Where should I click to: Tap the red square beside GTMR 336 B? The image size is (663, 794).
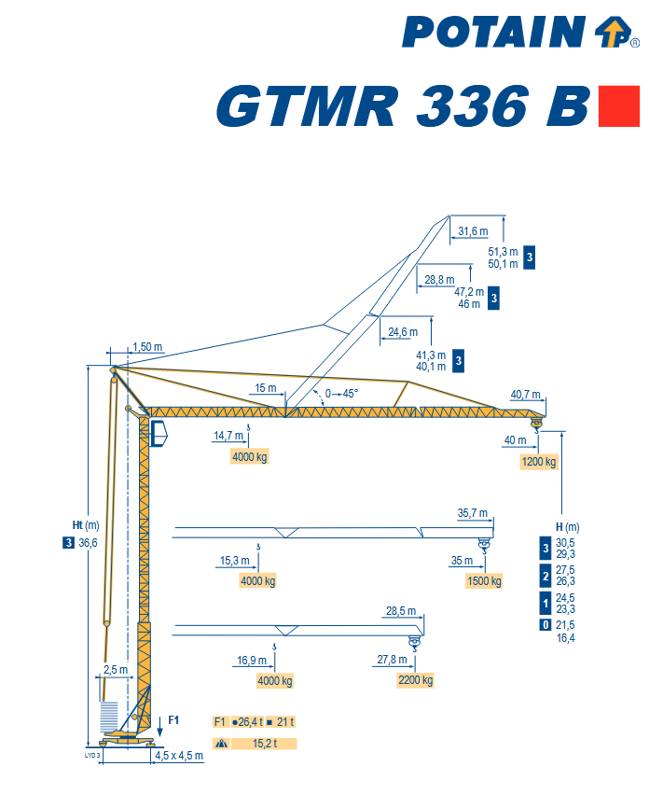coord(618,105)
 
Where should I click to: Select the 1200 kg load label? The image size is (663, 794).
coord(539,462)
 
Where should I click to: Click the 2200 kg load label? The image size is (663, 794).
coord(415,680)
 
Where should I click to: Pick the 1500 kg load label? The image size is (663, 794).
coord(484,581)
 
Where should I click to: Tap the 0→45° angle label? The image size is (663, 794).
coord(341,393)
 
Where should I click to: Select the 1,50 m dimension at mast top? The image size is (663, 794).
coord(147,347)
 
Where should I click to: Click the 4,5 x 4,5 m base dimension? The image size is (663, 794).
coord(179,755)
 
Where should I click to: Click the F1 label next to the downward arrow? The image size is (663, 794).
coord(173,718)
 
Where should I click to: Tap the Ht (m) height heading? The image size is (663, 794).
coord(85,524)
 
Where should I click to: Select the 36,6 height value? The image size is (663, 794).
coord(89,543)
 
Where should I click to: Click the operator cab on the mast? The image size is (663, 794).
coord(159,433)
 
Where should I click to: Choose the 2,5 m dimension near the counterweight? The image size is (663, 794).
coord(116,669)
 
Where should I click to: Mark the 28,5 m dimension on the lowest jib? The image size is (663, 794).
coord(401,611)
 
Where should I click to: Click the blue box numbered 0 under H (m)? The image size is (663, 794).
coord(545,625)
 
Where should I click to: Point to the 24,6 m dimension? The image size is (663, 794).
coord(402,331)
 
